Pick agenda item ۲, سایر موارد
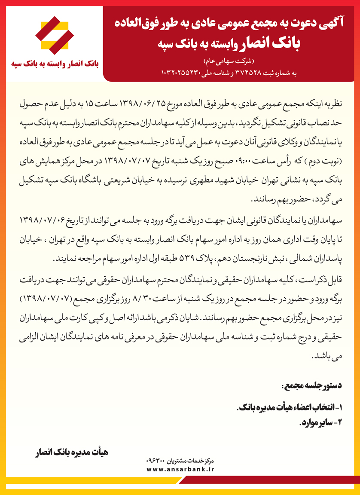320,422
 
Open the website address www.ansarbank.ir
180,469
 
